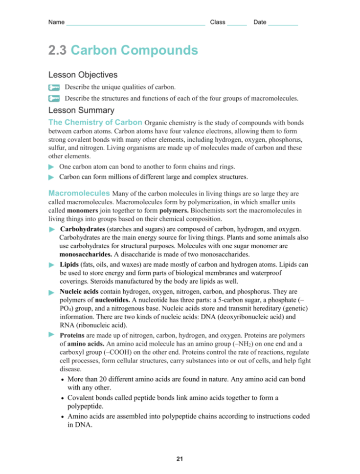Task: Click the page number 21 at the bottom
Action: pyautogui.click(x=179, y=459)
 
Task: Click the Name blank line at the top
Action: pyautogui.click(x=135, y=23)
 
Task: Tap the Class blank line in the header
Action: pyautogui.click(x=237, y=23)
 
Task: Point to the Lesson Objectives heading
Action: pyautogui.click(x=83, y=75)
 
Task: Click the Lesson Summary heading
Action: pyautogui.click(x=81, y=110)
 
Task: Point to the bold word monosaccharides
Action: pyautogui.click(x=86, y=254)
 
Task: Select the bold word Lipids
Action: pyautogui.click(x=70, y=264)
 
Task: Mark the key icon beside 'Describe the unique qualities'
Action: pyautogui.click(x=54, y=87)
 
